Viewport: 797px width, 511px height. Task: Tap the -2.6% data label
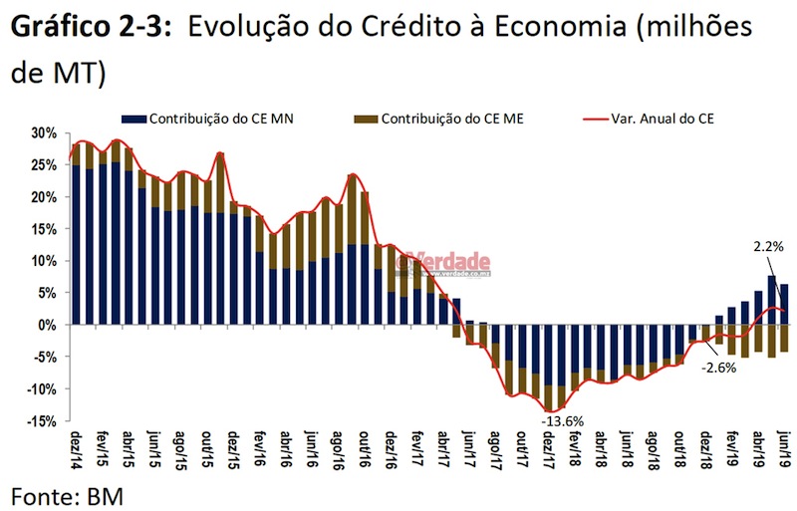point(718,369)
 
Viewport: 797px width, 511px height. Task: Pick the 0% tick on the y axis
point(47,325)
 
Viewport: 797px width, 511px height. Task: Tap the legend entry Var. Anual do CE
point(664,119)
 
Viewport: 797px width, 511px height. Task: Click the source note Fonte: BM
point(68,492)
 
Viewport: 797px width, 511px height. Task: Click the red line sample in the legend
point(598,119)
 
